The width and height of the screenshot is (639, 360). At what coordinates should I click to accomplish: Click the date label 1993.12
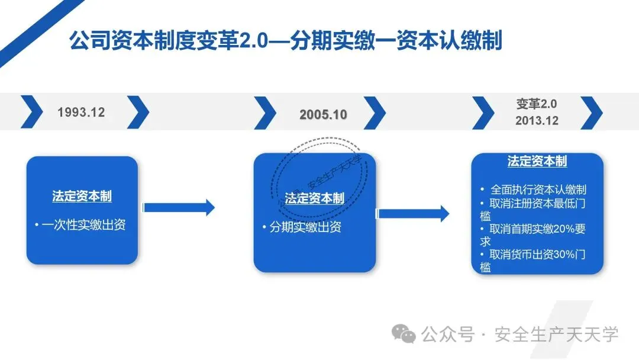(x=81, y=112)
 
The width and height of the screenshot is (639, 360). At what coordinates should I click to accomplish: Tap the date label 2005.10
(x=323, y=115)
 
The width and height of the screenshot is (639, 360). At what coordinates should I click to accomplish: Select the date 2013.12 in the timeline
(x=537, y=120)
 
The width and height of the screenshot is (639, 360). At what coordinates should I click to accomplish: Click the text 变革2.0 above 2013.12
(x=537, y=104)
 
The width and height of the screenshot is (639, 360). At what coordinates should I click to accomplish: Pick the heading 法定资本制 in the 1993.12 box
(x=82, y=197)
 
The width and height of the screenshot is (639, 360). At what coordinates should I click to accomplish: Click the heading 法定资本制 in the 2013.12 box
(x=537, y=161)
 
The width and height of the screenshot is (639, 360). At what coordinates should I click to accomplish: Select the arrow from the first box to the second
(x=179, y=207)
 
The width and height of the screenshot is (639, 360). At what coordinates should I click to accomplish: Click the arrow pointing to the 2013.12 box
(x=414, y=213)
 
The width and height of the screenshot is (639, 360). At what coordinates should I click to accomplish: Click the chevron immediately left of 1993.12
(x=32, y=111)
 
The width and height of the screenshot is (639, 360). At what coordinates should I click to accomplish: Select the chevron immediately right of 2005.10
(x=375, y=112)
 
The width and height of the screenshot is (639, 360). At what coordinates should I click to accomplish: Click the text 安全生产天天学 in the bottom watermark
(x=556, y=335)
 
